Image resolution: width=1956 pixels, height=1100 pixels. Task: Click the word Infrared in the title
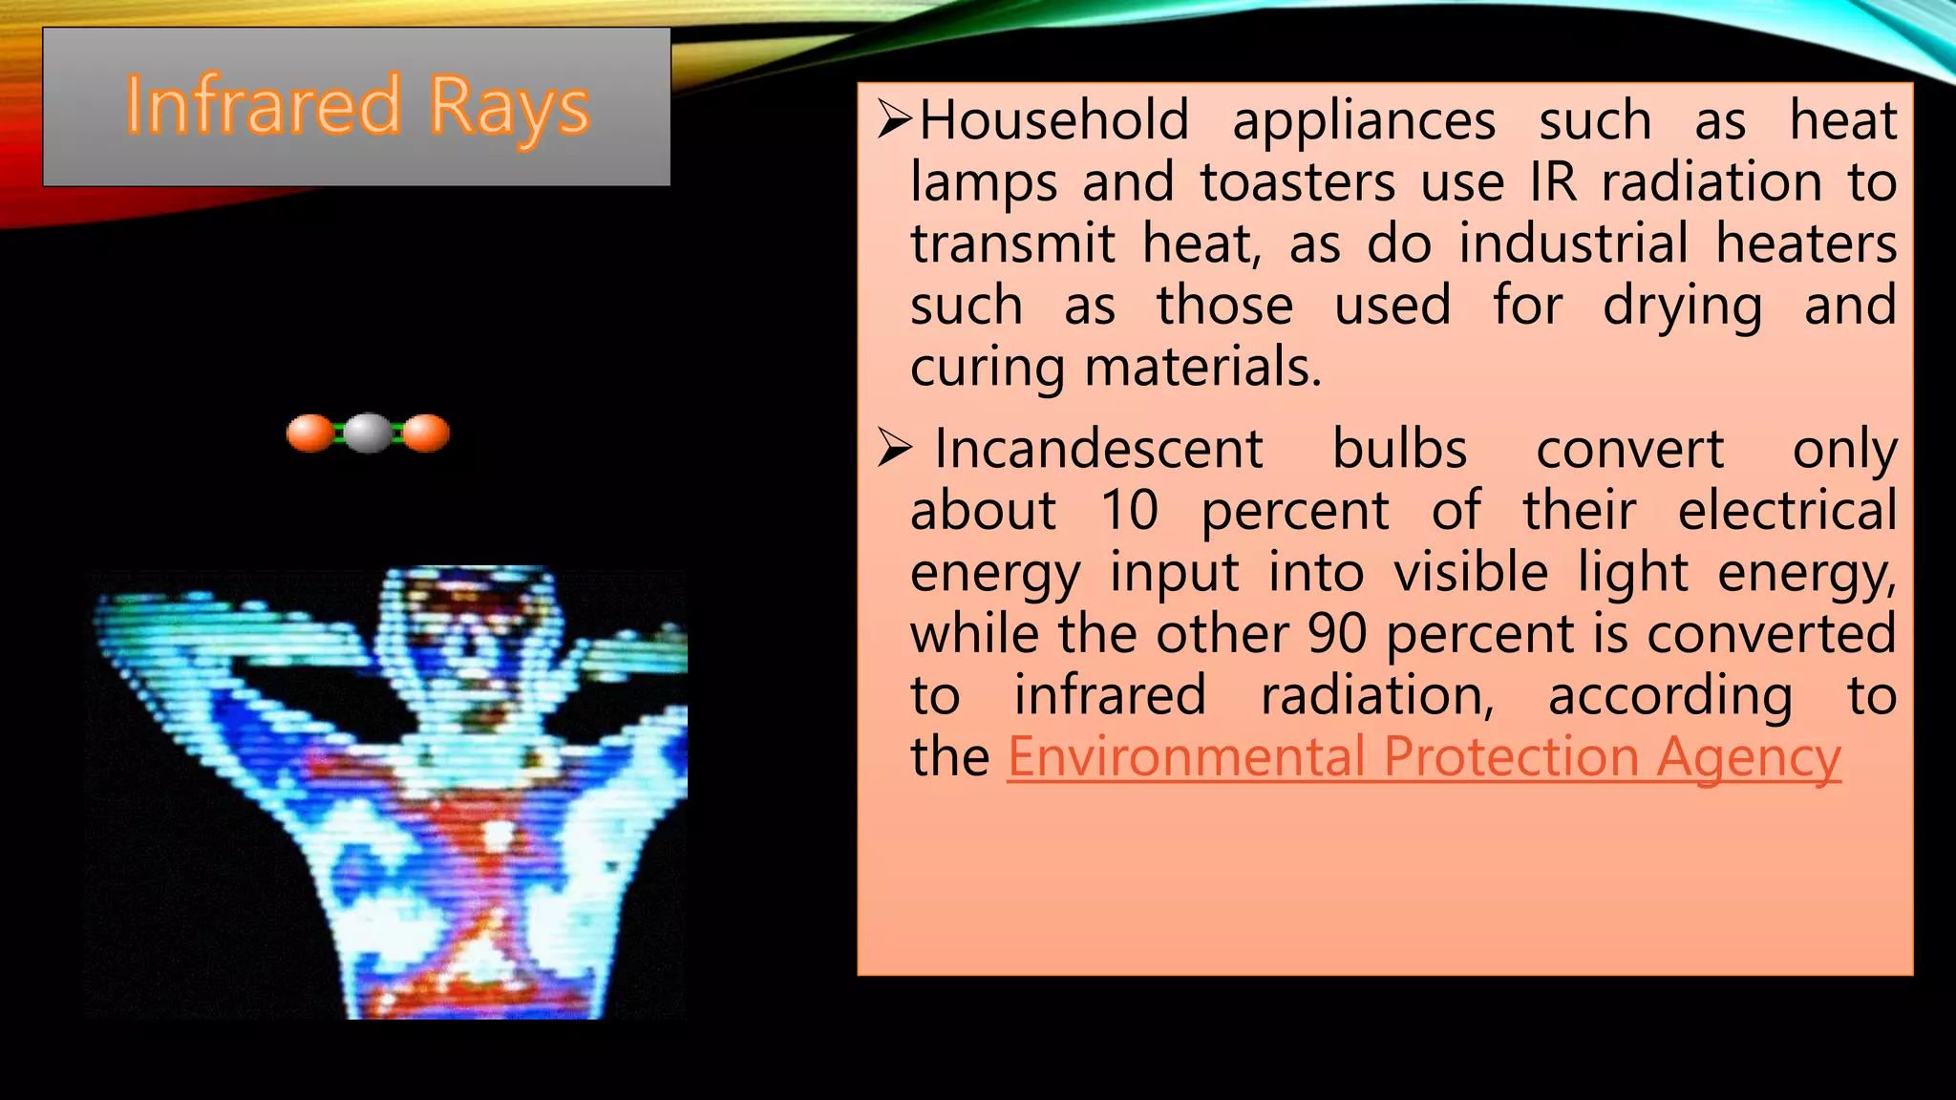pos(263,105)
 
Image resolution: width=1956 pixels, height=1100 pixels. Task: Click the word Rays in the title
pos(509,107)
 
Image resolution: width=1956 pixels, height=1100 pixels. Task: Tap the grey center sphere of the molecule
pos(368,433)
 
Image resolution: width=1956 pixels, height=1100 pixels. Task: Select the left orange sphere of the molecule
pos(310,433)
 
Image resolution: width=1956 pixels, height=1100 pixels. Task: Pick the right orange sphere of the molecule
pos(426,433)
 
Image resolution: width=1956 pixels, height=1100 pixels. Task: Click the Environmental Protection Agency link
pos(1423,757)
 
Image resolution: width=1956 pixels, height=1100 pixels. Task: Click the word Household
pos(1054,121)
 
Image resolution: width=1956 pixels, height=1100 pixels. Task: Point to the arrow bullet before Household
pos(895,120)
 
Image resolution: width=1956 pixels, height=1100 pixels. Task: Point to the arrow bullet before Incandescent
pos(895,448)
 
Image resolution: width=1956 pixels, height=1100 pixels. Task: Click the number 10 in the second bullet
pos(1129,510)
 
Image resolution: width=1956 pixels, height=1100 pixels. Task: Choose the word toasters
pos(1298,182)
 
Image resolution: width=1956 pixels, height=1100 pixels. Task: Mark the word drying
pos(1682,307)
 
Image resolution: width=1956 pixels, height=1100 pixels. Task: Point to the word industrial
pos(1573,244)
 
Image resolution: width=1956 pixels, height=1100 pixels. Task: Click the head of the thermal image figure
pos(468,621)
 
